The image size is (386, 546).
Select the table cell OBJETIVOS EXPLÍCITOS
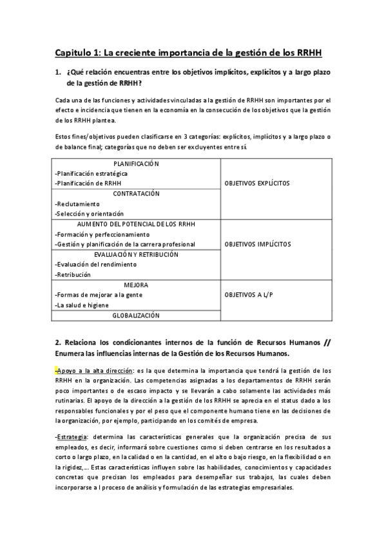(x=257, y=183)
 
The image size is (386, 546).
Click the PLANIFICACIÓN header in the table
(x=136, y=164)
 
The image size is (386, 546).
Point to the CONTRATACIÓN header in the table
(x=136, y=194)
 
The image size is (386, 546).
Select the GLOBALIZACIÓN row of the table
(x=136, y=315)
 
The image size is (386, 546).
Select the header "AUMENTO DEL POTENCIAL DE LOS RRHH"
(x=136, y=224)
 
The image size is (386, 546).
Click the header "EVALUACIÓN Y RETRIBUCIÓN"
(x=136, y=254)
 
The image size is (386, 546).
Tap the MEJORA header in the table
(x=136, y=285)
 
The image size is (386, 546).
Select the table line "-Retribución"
(x=73, y=275)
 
